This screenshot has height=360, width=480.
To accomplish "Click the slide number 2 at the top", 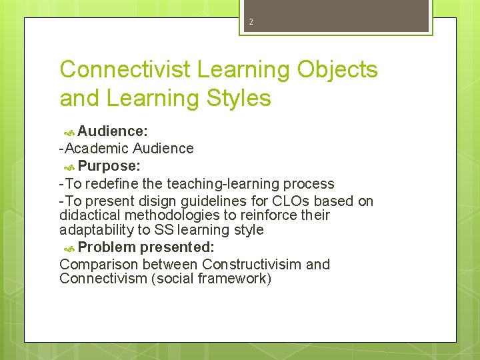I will pos(251,22).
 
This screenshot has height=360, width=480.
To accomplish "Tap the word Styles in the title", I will pos(237,98).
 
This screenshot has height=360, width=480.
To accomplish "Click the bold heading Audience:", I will pos(113,131).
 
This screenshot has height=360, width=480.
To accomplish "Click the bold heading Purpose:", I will pos(109,165).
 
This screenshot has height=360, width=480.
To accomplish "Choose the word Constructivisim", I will pos(251,264).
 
